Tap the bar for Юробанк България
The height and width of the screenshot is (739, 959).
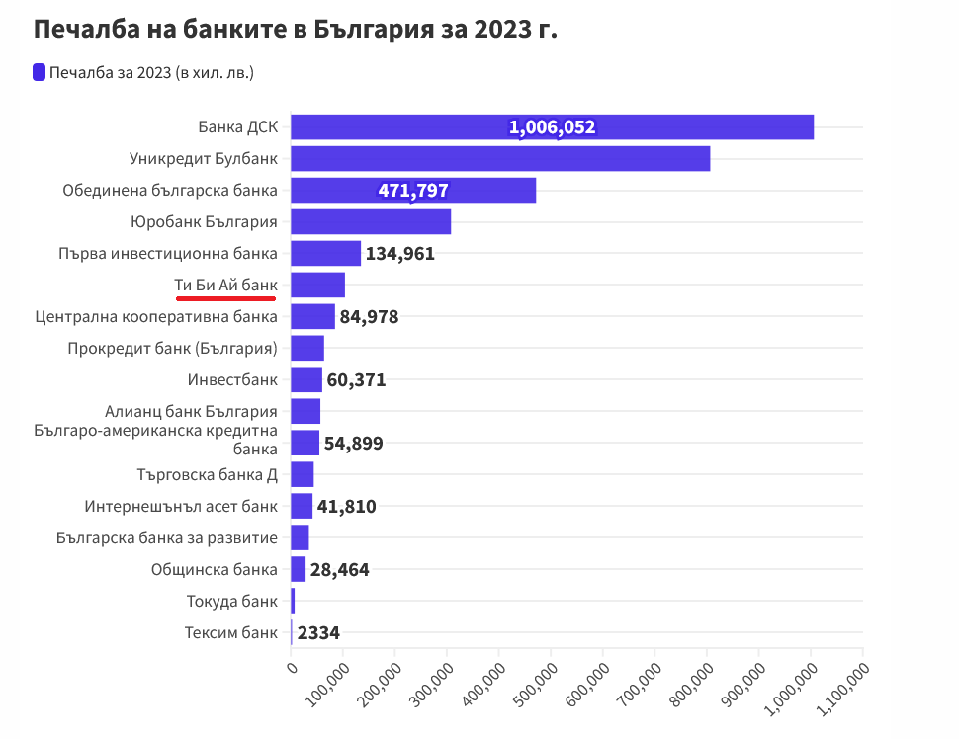coord(371,222)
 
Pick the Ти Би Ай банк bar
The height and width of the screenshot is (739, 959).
coord(317,286)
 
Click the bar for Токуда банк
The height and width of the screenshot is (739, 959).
coord(293,601)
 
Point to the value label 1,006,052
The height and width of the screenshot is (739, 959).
coord(553,127)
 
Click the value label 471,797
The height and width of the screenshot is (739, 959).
coord(413,191)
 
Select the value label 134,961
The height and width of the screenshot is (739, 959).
coord(400,254)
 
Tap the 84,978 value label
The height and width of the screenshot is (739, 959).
coord(369,317)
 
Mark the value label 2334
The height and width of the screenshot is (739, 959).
coord(319,633)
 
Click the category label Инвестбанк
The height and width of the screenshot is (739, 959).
coord(232,380)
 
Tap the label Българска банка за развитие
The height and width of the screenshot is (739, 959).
coord(167,538)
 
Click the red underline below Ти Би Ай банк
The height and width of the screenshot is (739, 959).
coord(225,295)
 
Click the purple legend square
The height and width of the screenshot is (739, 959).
coord(40,72)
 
